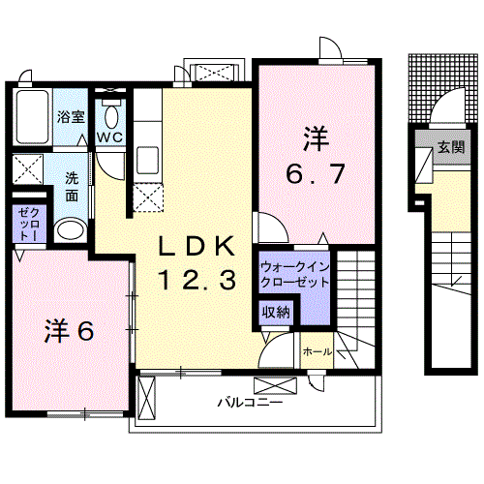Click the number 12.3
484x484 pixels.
[x=197, y=282]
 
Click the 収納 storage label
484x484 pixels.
[x=276, y=312]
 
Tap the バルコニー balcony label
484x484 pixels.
[x=249, y=400]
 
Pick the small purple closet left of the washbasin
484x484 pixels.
[x=26, y=225]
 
